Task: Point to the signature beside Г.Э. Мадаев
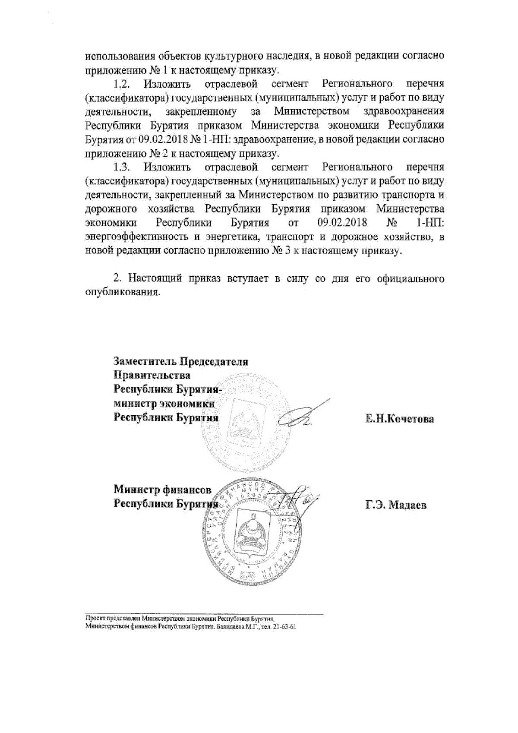[x=302, y=501]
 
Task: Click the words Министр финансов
[x=162, y=490]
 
